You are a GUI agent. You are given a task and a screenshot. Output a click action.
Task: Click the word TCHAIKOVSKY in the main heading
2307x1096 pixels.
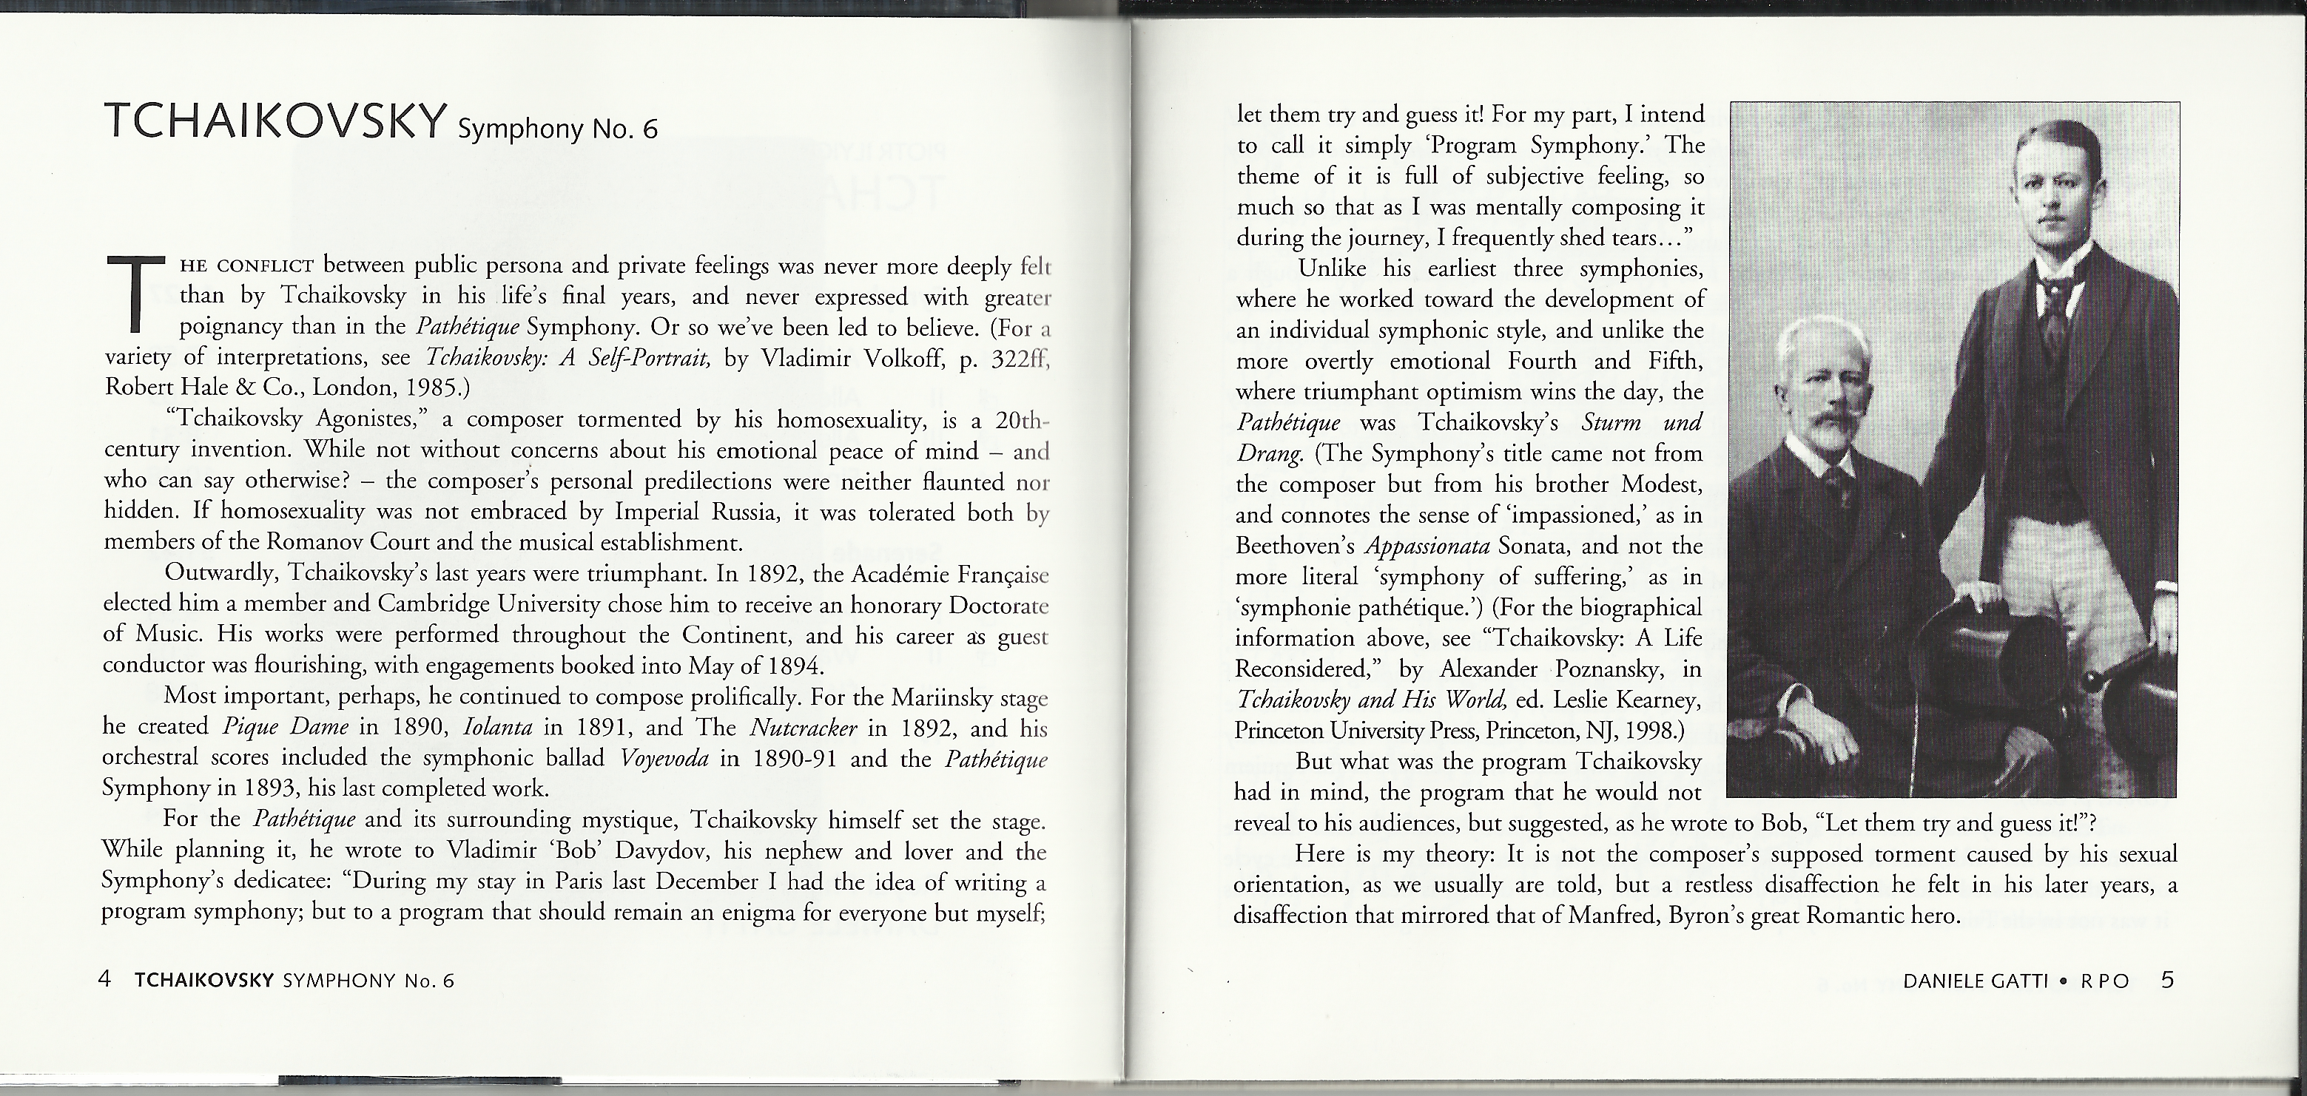(x=276, y=122)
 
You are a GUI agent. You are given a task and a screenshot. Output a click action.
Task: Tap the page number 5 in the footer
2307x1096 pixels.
(x=2167, y=980)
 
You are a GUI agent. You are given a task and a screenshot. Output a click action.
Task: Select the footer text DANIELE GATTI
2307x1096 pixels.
(x=1975, y=981)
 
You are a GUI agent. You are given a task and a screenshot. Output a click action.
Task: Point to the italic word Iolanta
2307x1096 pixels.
(x=498, y=727)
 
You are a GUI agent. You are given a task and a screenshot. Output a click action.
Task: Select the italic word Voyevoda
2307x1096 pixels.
(x=664, y=759)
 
